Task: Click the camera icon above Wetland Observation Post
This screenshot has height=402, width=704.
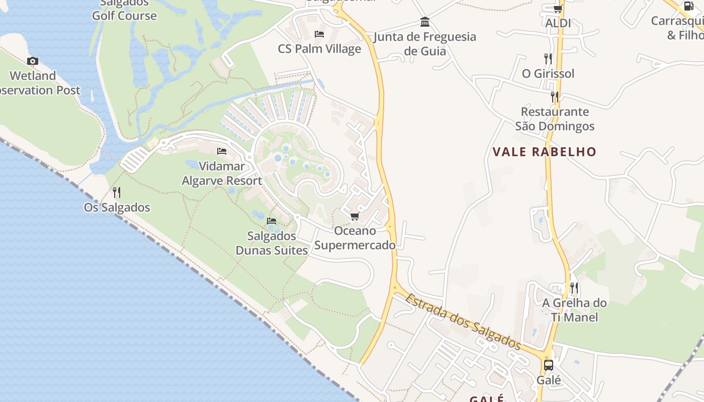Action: click(x=33, y=61)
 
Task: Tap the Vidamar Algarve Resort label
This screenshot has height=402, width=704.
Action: click(x=222, y=173)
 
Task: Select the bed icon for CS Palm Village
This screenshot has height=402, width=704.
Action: click(x=319, y=34)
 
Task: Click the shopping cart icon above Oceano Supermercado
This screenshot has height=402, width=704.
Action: click(x=355, y=217)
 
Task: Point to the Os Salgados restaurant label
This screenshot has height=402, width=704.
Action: click(x=117, y=207)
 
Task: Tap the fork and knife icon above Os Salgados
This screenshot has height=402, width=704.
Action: click(x=117, y=192)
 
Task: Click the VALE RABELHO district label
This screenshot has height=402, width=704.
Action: click(x=544, y=152)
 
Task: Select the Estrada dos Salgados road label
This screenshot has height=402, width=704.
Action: click(x=463, y=322)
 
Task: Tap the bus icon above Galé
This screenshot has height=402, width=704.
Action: click(x=549, y=365)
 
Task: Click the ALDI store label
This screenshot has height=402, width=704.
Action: click(x=558, y=23)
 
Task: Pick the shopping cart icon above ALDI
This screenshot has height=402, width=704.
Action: click(x=558, y=9)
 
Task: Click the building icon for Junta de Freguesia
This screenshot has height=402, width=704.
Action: click(x=425, y=22)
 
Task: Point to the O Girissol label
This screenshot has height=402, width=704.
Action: click(x=548, y=73)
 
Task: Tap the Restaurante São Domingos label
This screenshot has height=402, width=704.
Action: click(x=555, y=119)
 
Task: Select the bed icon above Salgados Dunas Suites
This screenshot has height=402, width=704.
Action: click(x=272, y=221)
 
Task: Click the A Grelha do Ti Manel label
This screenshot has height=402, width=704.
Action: click(x=574, y=310)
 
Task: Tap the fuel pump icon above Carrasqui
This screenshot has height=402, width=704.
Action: click(x=688, y=6)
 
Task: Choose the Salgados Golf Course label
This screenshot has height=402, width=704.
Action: click(x=124, y=10)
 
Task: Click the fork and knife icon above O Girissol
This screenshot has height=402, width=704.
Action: click(x=548, y=59)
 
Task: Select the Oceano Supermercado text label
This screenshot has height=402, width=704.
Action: click(x=355, y=238)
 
